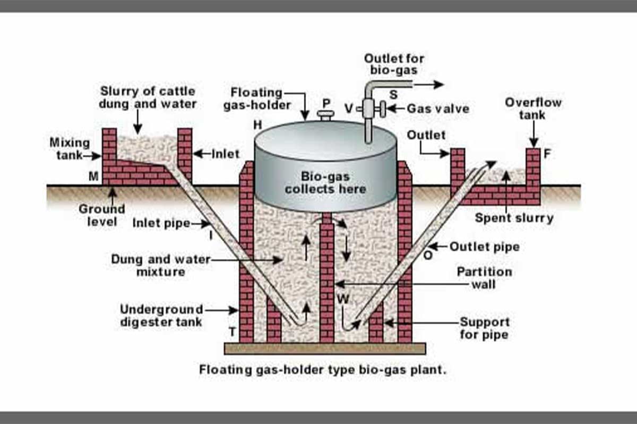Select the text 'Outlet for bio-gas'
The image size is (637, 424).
click(x=394, y=64)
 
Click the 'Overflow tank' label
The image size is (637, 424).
click(x=533, y=108)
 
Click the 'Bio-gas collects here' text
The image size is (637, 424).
click(x=325, y=182)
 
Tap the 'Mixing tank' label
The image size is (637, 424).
click(x=69, y=148)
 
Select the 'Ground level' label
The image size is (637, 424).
click(x=101, y=215)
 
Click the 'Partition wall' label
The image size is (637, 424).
click(x=484, y=278)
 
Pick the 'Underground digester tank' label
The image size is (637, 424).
click(x=161, y=315)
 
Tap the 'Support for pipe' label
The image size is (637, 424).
click(x=484, y=328)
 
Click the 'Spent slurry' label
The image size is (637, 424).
click(x=514, y=218)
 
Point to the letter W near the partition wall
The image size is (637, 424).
click(x=343, y=299)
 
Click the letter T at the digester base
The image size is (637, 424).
click(x=232, y=332)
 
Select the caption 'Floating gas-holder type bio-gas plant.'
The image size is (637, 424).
click(x=323, y=369)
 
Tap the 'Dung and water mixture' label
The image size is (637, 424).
click(x=160, y=266)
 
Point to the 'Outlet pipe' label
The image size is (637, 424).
click(x=484, y=247)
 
